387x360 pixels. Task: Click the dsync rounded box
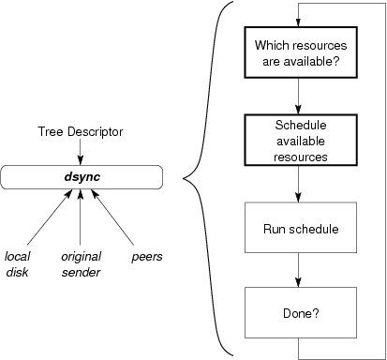point(82,176)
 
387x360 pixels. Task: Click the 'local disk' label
point(18,262)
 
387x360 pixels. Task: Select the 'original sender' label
point(81,262)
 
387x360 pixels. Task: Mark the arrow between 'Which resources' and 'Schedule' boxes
point(298,97)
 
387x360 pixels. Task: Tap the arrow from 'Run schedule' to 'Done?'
point(298,271)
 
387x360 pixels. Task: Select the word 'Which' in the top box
point(271,45)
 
